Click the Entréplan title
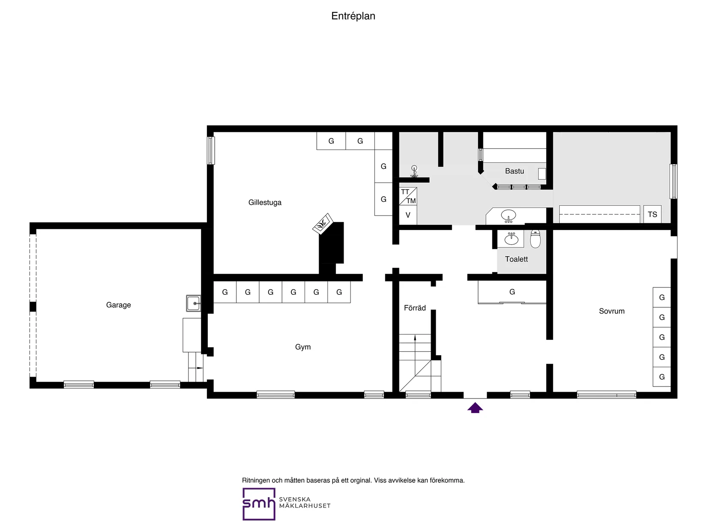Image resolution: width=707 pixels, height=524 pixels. pyautogui.click(x=353, y=16)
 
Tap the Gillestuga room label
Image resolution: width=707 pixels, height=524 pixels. pyautogui.click(x=265, y=203)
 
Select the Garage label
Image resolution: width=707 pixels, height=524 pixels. pyautogui.click(x=118, y=305)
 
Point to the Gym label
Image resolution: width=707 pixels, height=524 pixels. pyautogui.click(x=303, y=347)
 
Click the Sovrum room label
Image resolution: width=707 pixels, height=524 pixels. pyautogui.click(x=611, y=311)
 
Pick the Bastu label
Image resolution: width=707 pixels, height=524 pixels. pyautogui.click(x=514, y=171)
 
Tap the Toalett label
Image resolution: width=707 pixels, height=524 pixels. pyautogui.click(x=516, y=259)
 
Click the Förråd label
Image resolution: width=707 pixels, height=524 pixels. pyautogui.click(x=415, y=308)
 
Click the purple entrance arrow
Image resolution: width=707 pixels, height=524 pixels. pyautogui.click(x=475, y=407)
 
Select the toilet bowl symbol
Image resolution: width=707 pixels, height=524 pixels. pyautogui.click(x=535, y=239)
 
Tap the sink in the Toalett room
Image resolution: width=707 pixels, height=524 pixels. pyautogui.click(x=511, y=239)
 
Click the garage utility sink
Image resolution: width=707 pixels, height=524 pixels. pyautogui.click(x=194, y=303)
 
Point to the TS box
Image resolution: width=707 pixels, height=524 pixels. pyautogui.click(x=652, y=215)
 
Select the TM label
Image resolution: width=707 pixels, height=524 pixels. pyautogui.click(x=411, y=201)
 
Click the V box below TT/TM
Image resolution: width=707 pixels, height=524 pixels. pyautogui.click(x=408, y=215)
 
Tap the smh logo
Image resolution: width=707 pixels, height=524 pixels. pyautogui.click(x=259, y=504)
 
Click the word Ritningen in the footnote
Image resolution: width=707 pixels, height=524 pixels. pyautogui.click(x=255, y=480)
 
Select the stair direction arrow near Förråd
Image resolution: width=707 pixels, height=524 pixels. pyautogui.click(x=415, y=343)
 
